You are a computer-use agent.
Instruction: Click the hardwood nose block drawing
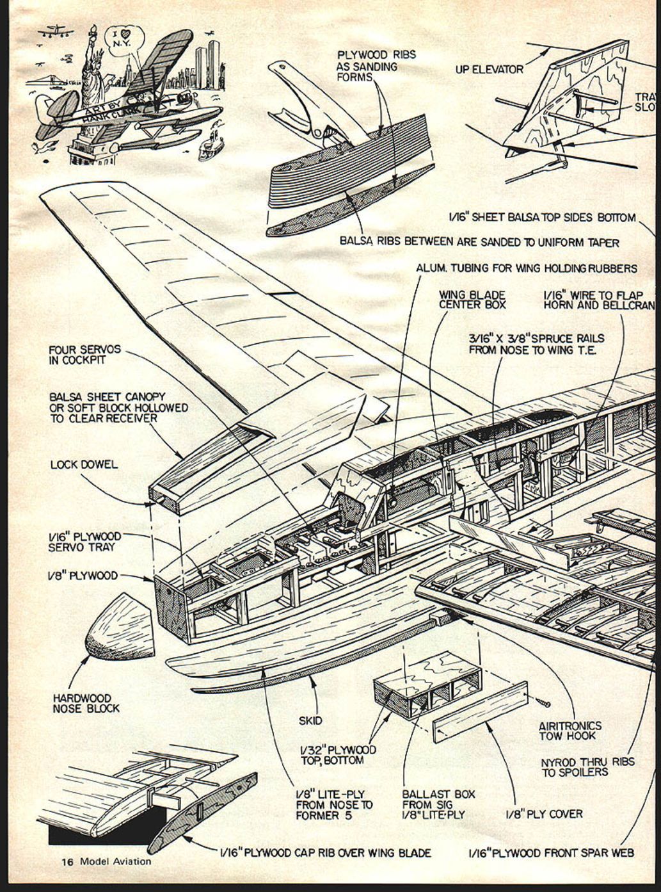[122, 627]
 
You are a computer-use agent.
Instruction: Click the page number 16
[68, 861]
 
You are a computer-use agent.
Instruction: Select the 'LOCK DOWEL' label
[84, 464]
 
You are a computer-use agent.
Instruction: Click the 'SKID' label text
[310, 720]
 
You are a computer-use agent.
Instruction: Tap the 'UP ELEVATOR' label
[490, 69]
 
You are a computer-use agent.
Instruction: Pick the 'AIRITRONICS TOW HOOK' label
[570, 731]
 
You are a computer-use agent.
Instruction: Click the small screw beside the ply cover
[545, 702]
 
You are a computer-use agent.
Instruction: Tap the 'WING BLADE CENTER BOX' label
[472, 300]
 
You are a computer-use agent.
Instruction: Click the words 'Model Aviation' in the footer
[116, 861]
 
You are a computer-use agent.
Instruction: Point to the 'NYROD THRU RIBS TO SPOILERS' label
[587, 767]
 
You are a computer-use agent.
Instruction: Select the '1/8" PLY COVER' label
[544, 814]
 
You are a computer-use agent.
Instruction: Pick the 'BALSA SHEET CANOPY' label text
[108, 396]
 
